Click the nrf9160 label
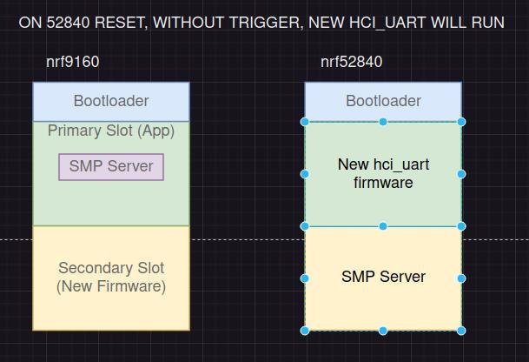[x=73, y=62]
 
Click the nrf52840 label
[x=351, y=62]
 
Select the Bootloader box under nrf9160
[x=111, y=101]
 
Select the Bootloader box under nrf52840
[x=383, y=101]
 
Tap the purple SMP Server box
[x=111, y=166]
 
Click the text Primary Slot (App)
[x=111, y=131]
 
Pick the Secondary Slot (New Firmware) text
[x=111, y=277]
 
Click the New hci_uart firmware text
[x=383, y=173]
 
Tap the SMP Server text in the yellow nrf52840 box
[x=383, y=277]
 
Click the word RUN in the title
[x=487, y=22]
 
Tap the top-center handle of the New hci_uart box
[x=383, y=122]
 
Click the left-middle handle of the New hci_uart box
[x=305, y=174]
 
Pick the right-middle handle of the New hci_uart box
[x=461, y=174]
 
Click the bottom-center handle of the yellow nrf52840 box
[x=383, y=331]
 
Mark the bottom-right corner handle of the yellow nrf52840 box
[x=461, y=331]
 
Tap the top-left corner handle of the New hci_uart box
[x=305, y=122]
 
